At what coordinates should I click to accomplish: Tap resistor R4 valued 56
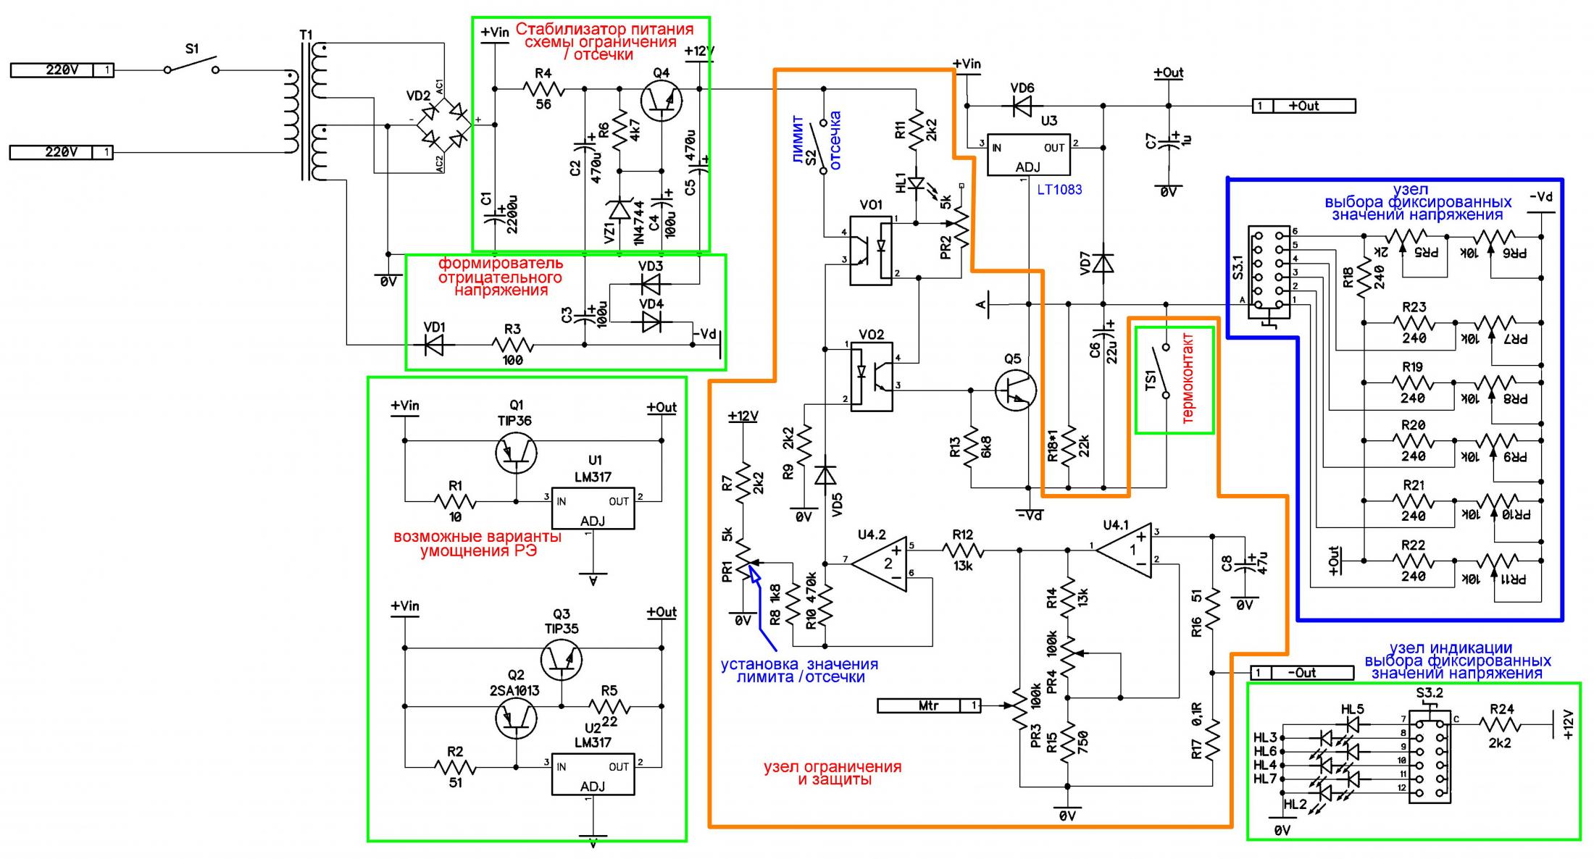tap(543, 89)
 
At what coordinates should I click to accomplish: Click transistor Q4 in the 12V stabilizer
tap(662, 102)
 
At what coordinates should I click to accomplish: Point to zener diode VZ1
tap(619, 210)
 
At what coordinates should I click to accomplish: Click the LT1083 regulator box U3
tap(1028, 154)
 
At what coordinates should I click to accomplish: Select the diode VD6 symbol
tap(1022, 106)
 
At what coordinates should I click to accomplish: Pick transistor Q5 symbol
tap(1015, 391)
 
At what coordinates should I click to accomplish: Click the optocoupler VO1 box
tap(870, 250)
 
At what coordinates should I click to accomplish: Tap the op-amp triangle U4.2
tap(879, 563)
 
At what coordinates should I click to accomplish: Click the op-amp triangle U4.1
tap(1124, 551)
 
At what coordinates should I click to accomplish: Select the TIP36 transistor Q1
tap(515, 453)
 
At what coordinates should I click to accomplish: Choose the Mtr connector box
tap(929, 705)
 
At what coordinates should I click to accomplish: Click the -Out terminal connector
tap(1302, 673)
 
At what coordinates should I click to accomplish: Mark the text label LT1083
tap(1059, 190)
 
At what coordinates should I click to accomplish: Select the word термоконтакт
tap(1188, 378)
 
